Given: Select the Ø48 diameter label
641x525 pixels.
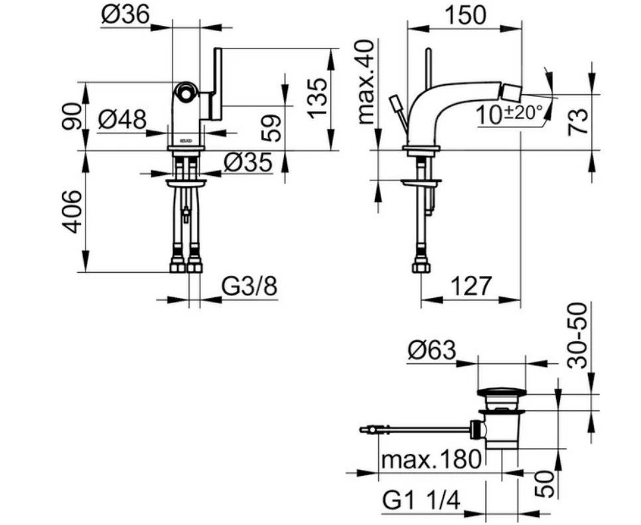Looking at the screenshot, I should (x=122, y=120).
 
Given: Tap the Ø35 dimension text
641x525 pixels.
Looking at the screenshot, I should (x=248, y=162).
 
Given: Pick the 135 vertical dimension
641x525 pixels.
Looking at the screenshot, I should (x=319, y=98).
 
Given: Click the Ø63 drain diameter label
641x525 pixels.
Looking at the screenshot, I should (x=432, y=350).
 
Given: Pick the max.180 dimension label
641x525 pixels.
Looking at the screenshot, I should (x=430, y=459).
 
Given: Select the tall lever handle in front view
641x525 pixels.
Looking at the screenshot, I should (x=216, y=83).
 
